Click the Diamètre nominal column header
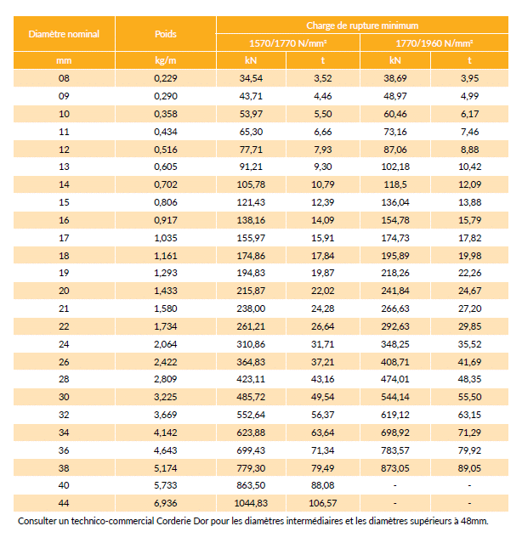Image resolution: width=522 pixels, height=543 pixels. (x=64, y=34)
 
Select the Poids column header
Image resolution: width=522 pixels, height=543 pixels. (x=166, y=34)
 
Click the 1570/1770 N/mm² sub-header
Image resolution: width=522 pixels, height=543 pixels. (x=288, y=42)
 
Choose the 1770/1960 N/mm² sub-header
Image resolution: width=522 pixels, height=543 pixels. (x=434, y=42)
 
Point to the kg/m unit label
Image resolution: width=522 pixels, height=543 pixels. (x=166, y=60)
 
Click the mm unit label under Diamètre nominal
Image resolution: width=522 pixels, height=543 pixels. (x=64, y=60)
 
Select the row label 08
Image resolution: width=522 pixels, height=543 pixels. (x=64, y=78)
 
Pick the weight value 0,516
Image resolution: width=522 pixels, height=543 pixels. (x=166, y=149)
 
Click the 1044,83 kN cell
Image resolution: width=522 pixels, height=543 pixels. (x=252, y=503)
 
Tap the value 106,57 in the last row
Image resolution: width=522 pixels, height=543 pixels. (x=323, y=503)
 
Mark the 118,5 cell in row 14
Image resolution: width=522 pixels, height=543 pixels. (x=395, y=184)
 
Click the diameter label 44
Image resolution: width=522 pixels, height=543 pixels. (x=64, y=503)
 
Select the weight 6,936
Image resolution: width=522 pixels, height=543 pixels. (x=166, y=503)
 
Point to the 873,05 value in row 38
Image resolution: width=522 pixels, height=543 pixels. (x=395, y=467)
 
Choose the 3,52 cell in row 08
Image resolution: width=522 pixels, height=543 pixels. (x=323, y=78)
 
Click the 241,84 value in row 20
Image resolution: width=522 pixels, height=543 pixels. (x=395, y=291)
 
